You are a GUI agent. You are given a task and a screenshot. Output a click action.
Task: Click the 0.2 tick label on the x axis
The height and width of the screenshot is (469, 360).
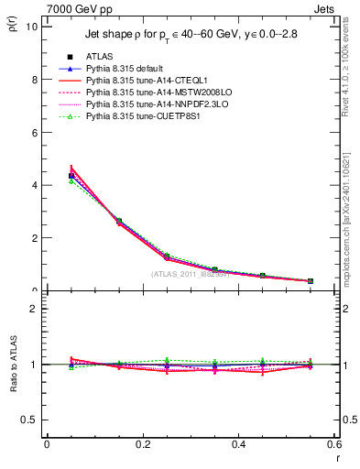tap(142, 444)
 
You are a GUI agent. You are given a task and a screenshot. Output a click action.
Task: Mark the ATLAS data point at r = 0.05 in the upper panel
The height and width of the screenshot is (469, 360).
tap(71, 175)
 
